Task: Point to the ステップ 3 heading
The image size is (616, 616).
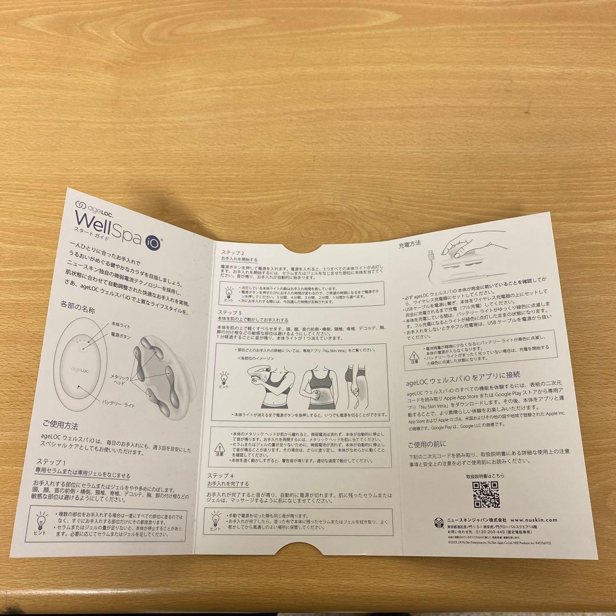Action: tap(230, 314)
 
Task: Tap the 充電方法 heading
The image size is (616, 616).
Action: tap(410, 244)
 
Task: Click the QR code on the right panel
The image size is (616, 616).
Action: tap(486, 495)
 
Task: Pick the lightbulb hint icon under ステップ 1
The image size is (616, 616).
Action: tap(42, 519)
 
